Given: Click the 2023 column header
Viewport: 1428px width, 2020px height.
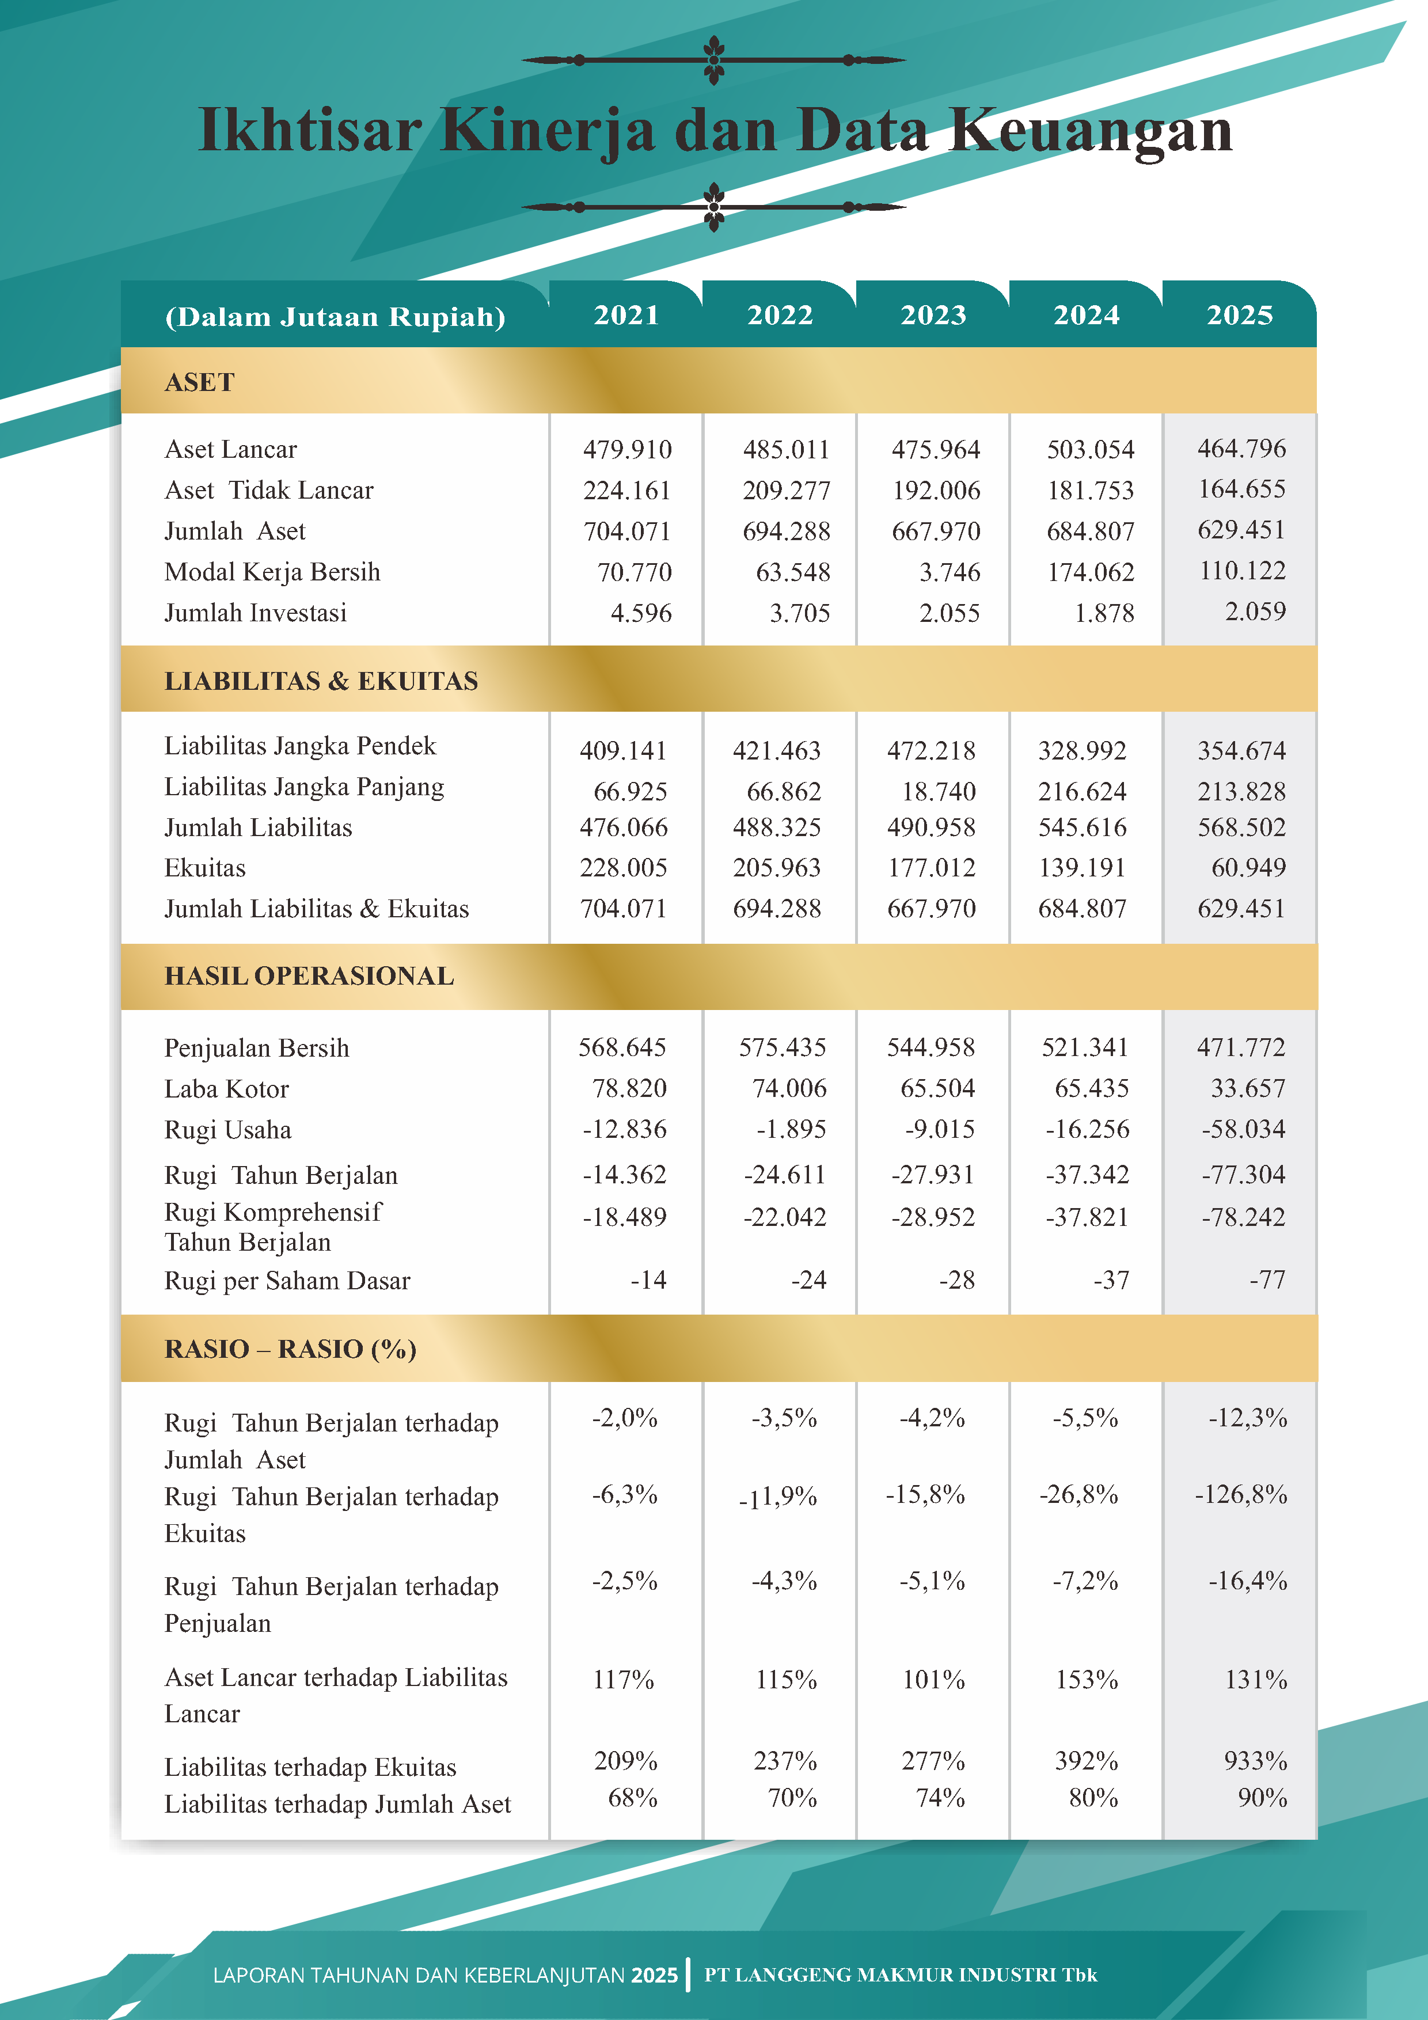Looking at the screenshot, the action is [x=933, y=315].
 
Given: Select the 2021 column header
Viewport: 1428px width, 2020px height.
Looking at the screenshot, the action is [x=626, y=315].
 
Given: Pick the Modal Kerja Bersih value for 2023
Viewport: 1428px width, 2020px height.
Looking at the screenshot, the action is [x=950, y=573].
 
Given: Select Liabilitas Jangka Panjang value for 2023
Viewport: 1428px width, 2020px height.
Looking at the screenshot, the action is [x=939, y=792].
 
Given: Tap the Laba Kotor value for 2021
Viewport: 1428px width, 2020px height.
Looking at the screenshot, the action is [x=629, y=1088].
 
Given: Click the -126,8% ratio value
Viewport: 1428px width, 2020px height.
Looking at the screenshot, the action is [x=1241, y=1495].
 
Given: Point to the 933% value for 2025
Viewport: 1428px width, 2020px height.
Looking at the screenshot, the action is [x=1256, y=1761].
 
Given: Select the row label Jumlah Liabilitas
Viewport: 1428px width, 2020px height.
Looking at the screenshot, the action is [x=258, y=828].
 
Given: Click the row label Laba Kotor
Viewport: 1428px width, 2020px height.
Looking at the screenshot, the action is [x=226, y=1089].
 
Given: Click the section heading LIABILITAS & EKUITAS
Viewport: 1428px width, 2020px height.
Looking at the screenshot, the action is [x=321, y=681].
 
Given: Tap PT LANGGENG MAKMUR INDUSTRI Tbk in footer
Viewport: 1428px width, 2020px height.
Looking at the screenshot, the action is [x=901, y=1975].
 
